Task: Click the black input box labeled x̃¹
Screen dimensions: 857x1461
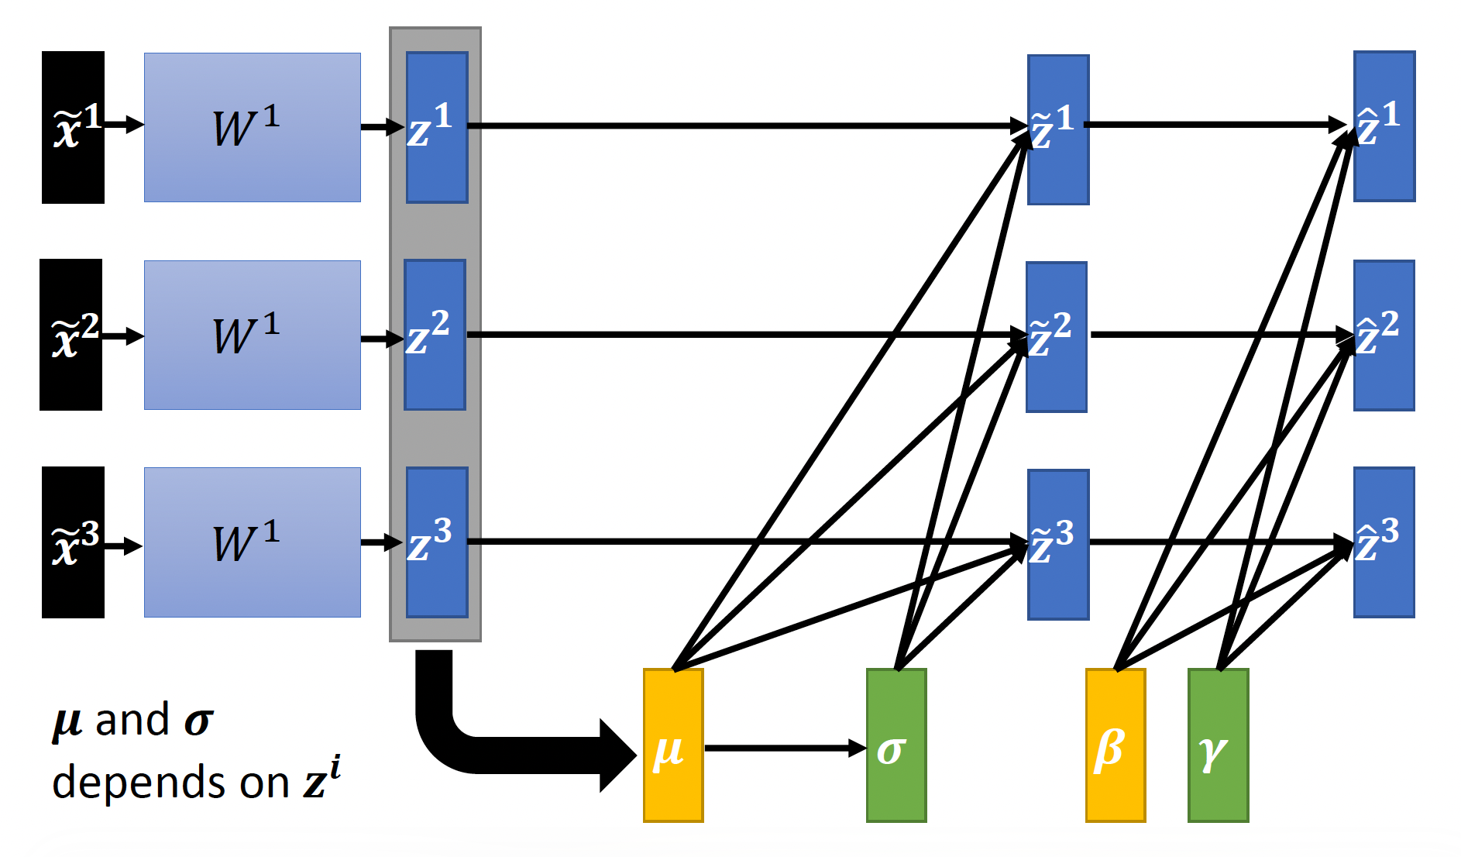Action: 73,128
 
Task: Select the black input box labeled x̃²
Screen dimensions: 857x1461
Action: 70,335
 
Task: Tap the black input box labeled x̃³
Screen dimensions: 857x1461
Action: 73,542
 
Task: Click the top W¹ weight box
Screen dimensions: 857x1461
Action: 252,128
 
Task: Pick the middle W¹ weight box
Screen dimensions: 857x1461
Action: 252,335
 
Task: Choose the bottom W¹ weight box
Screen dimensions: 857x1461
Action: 252,542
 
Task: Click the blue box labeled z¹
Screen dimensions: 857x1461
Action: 437,128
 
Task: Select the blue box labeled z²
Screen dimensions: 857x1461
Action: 435,335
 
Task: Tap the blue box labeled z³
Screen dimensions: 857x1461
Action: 437,542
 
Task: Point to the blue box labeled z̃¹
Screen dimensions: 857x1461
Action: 1058,129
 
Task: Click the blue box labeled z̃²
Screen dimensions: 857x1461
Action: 1057,337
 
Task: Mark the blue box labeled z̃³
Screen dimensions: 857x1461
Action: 1058,545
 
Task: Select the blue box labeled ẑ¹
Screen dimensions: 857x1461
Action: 1384,126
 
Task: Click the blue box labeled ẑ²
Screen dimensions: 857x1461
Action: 1384,336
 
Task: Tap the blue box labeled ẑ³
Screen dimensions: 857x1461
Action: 1384,542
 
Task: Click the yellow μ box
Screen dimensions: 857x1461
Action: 673,745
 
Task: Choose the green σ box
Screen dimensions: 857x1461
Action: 896,745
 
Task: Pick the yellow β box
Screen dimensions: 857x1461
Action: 1116,745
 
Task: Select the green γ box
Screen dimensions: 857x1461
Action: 1219,745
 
